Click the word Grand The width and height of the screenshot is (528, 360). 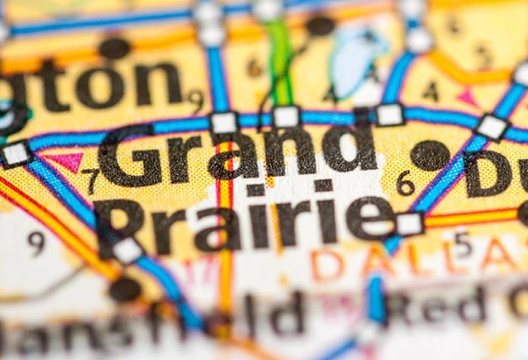tap(238, 155)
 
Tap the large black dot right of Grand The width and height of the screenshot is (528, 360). tap(430, 155)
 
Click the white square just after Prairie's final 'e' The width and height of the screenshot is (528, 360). tap(409, 224)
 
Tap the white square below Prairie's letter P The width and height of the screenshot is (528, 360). tap(127, 250)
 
